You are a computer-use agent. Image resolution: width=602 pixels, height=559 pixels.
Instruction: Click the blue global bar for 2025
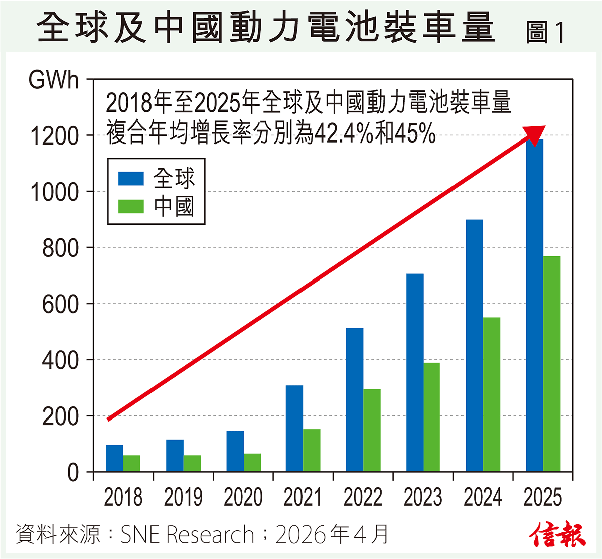(x=534, y=306)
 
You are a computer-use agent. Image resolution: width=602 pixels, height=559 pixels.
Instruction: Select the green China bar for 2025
(x=552, y=364)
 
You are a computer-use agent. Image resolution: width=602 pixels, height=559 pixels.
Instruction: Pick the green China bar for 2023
(x=431, y=417)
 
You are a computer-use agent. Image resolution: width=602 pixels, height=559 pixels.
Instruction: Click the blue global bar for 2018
(x=114, y=458)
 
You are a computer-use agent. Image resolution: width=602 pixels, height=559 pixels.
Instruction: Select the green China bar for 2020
(x=252, y=463)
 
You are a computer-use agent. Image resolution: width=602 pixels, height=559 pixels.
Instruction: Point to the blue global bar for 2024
(x=474, y=346)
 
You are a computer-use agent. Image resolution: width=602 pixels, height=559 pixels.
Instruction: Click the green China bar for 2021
(x=312, y=450)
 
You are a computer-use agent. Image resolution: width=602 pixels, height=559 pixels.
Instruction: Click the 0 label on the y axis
(x=73, y=473)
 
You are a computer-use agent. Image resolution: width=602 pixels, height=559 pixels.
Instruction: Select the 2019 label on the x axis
(x=183, y=497)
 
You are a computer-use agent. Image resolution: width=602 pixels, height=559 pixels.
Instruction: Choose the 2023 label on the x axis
(x=423, y=497)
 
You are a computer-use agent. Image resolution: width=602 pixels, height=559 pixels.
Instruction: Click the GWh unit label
(x=54, y=80)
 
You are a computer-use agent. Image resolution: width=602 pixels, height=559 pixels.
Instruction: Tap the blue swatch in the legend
(x=131, y=178)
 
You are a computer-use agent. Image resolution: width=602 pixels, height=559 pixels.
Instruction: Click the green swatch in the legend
(x=131, y=206)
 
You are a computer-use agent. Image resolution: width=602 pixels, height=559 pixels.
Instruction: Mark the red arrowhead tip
(x=544, y=127)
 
